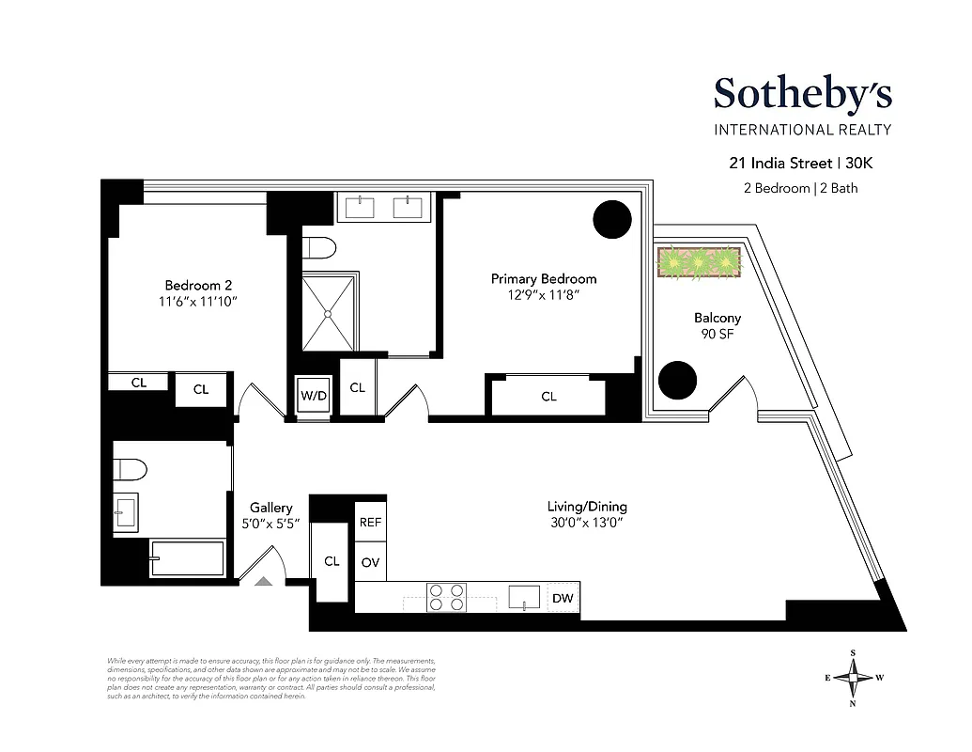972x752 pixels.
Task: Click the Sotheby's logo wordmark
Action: point(802,94)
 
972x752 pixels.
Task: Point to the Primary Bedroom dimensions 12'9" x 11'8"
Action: point(543,294)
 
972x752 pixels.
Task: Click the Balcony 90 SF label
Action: point(717,325)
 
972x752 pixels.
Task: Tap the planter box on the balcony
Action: point(701,261)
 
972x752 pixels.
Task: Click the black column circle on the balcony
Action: point(677,380)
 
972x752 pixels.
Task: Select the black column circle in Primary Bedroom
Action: point(612,220)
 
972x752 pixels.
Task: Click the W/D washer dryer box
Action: point(314,396)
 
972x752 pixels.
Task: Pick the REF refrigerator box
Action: point(370,524)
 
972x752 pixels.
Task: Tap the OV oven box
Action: point(370,562)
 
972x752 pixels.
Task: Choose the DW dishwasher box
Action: point(562,598)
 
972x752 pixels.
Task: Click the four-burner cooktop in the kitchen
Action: point(447,598)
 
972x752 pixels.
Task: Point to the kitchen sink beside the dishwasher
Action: point(523,598)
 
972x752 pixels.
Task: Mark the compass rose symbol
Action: point(854,677)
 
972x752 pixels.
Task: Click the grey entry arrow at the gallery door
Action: point(264,581)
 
